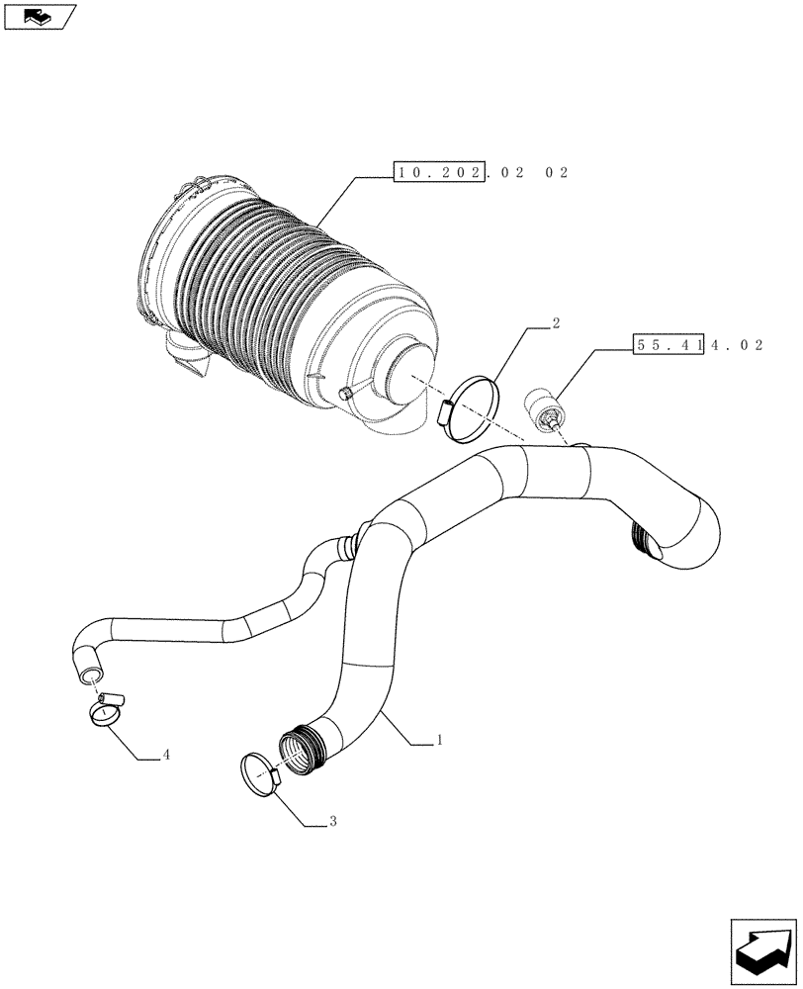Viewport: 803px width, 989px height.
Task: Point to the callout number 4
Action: tap(167, 755)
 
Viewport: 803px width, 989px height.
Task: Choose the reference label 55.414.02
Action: tap(697, 345)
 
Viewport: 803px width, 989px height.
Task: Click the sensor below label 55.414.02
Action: tap(546, 408)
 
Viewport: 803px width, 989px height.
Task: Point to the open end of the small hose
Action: tap(89, 674)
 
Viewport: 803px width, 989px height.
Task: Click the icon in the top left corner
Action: tap(40, 16)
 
